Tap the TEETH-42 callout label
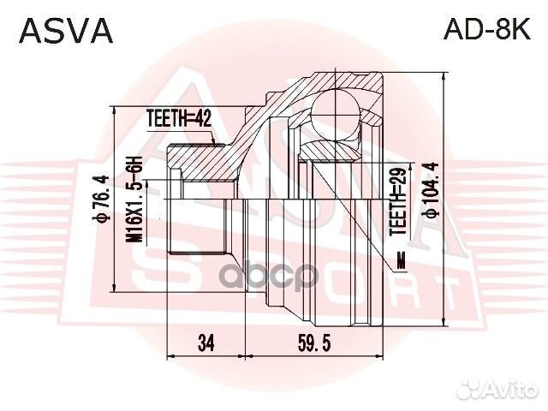178,120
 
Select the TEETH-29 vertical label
396,200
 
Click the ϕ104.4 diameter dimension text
431,198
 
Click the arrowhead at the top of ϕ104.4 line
445,75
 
